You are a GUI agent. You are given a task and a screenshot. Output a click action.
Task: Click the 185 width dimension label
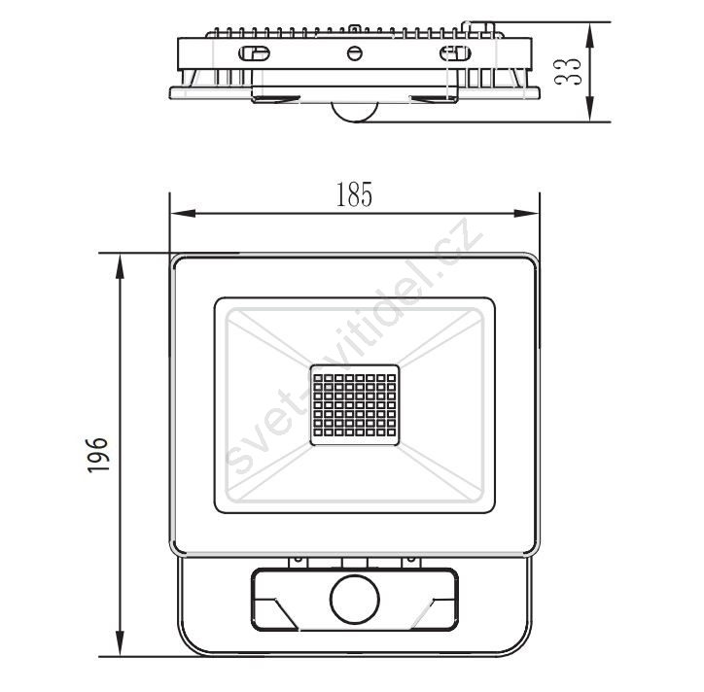[354, 194]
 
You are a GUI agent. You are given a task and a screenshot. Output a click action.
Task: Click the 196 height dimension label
[98, 455]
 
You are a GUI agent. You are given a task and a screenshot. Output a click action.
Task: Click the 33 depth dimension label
[568, 71]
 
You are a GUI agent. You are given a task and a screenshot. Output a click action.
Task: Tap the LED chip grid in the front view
[355, 405]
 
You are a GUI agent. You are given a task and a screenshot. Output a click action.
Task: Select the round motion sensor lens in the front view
[355, 600]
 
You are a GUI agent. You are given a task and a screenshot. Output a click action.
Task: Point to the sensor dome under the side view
[355, 112]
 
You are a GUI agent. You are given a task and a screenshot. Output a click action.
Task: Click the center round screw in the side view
[355, 53]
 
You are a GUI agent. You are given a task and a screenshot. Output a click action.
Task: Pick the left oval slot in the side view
[254, 53]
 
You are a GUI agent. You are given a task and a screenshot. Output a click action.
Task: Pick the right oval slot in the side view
[455, 53]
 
